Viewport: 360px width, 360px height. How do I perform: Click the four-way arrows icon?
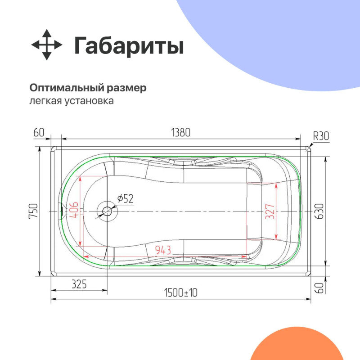point(46,45)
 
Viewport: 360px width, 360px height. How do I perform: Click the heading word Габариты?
point(129,46)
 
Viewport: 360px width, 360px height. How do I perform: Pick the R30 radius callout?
point(321,136)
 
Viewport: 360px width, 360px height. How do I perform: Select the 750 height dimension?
point(34,211)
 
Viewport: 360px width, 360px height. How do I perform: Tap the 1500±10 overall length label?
point(181,292)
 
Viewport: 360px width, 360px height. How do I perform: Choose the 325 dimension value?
point(79,284)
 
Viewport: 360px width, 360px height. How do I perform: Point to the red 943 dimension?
point(162,250)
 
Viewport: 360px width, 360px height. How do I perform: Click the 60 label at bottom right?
point(319,286)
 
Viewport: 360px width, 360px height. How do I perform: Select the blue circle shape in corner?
point(279,36)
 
